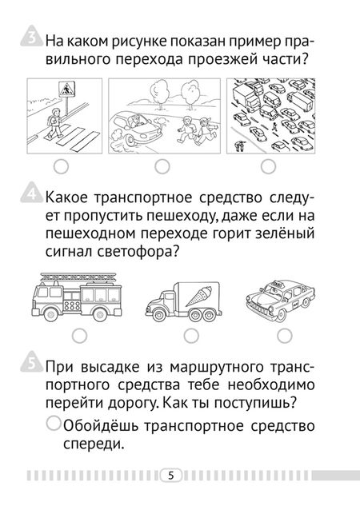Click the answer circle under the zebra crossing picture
(x=62, y=166)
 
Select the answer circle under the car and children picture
(x=162, y=166)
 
